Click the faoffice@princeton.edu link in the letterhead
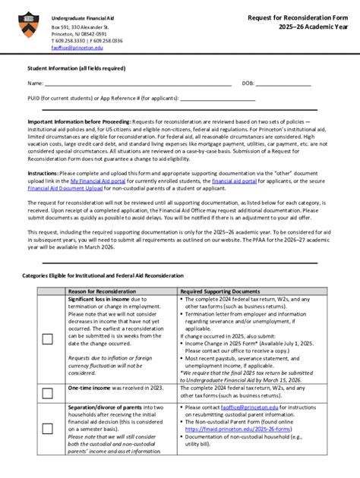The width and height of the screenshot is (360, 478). point(77,47)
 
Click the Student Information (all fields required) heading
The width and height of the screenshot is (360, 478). point(77,68)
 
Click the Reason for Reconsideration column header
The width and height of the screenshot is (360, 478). point(102,291)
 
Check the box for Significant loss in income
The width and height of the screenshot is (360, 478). point(47,339)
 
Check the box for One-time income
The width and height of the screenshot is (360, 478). point(47,392)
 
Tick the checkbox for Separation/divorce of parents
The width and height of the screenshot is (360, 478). point(47,429)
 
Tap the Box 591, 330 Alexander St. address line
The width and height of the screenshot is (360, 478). point(81,27)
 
